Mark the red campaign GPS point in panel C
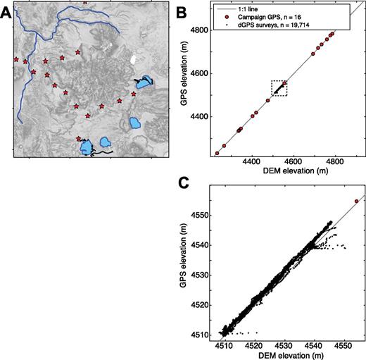357,201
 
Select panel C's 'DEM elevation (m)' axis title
291,355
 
